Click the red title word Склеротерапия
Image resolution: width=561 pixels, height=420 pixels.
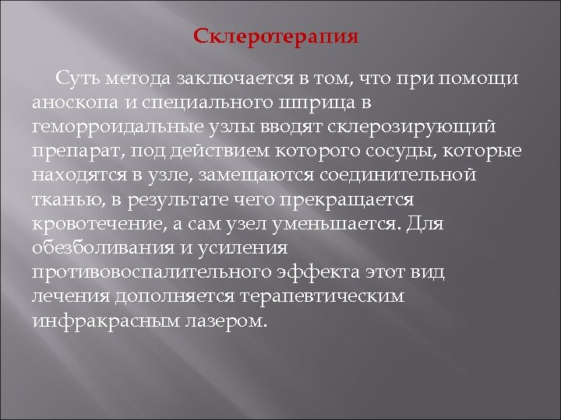coord(276,37)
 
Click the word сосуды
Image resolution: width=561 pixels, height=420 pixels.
coord(386,151)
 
